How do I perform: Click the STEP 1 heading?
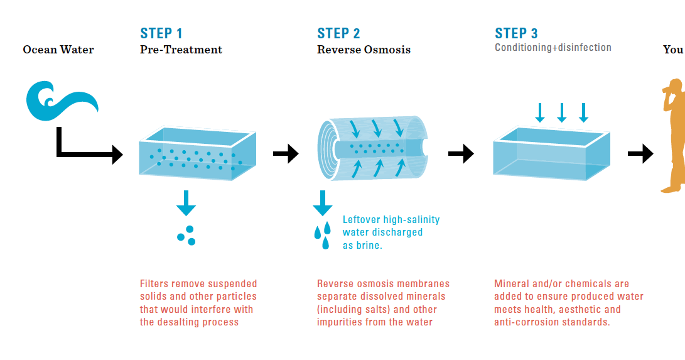(161, 33)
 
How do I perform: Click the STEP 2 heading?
(338, 33)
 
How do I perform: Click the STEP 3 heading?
(516, 33)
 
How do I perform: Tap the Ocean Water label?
(58, 50)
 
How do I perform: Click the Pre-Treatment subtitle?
(181, 50)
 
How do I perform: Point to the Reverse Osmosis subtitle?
(364, 50)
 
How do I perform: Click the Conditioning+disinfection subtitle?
(553, 48)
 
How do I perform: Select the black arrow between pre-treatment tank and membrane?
(286, 153)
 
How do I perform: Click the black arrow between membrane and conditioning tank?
(461, 153)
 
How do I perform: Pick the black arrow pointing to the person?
(640, 153)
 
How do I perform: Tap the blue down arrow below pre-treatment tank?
(186, 202)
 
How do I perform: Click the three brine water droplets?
(322, 234)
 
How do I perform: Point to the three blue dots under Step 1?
(186, 235)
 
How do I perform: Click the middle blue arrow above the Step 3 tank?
(561, 112)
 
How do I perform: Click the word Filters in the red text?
(154, 284)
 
